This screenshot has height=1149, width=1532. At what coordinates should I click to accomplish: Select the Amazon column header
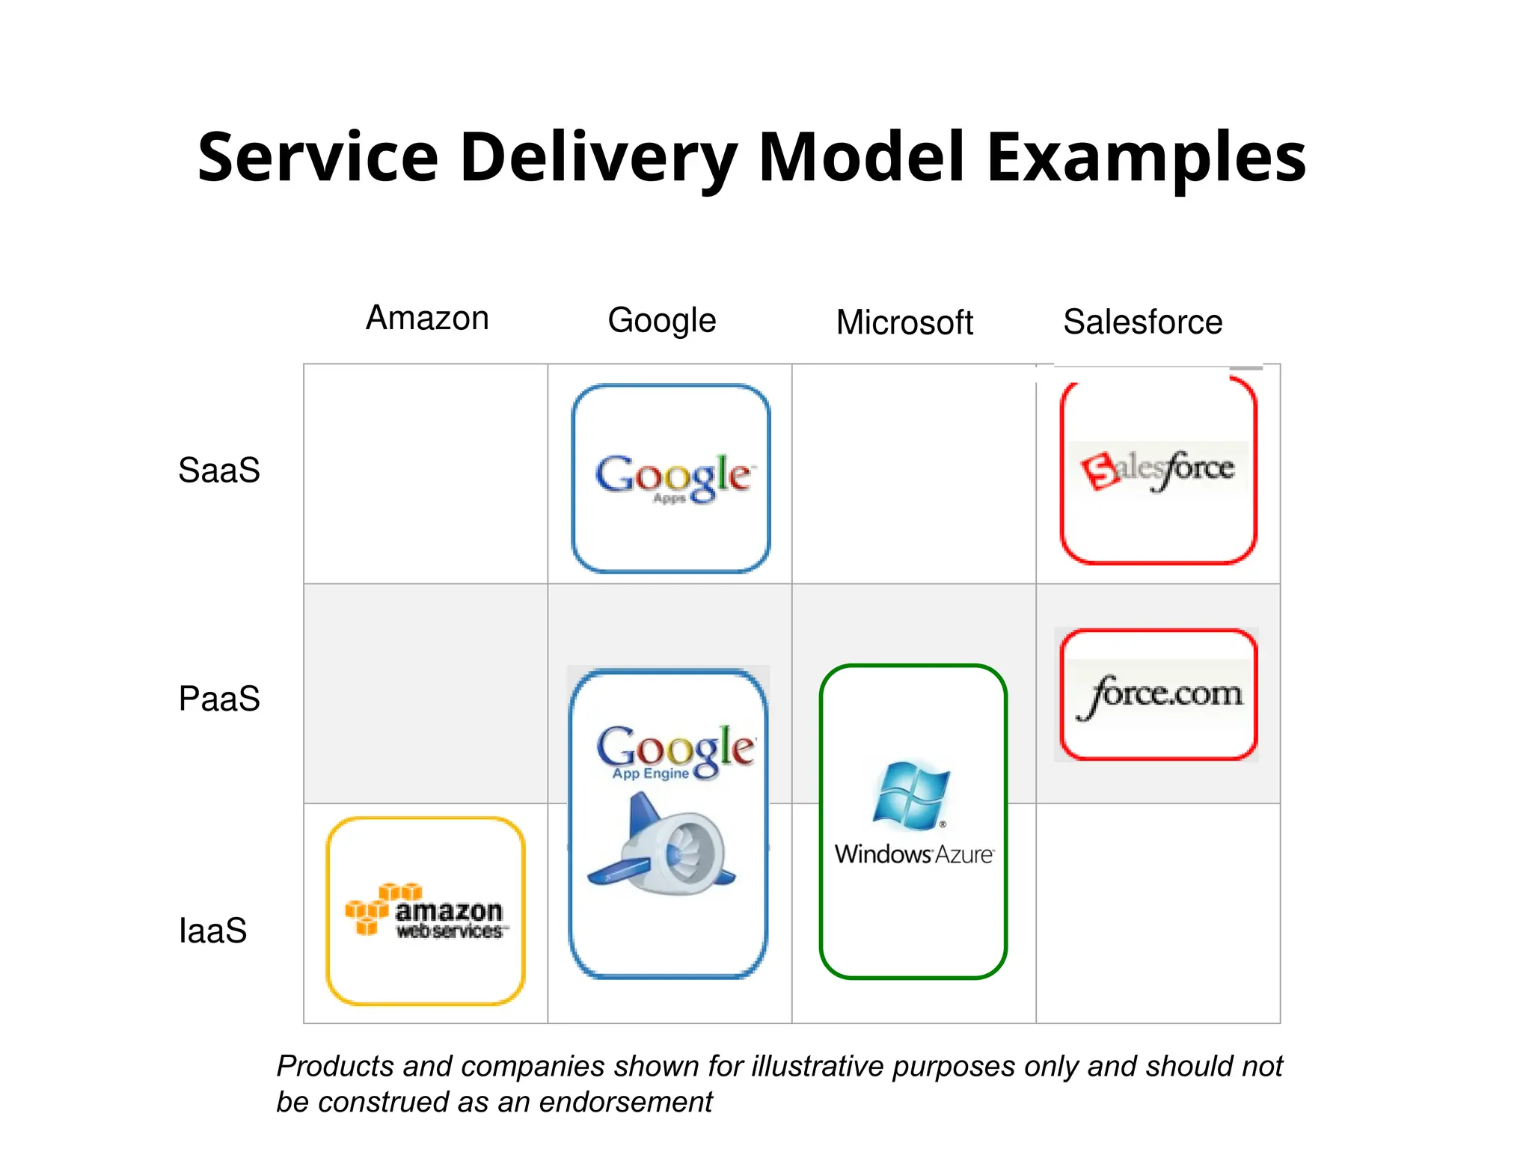pos(427,319)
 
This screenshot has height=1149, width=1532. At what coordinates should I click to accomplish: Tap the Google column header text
pos(662,321)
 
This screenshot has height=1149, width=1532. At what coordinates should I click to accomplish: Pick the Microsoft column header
pos(904,323)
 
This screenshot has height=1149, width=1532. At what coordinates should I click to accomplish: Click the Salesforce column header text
pos(1142,322)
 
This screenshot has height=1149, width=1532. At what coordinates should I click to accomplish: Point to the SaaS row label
pos(219,471)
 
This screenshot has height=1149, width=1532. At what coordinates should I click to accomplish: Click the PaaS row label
pos(219,699)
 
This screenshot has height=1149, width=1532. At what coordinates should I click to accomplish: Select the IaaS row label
pos(213,931)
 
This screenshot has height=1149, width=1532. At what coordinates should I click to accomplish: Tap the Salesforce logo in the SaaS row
pos(1157,468)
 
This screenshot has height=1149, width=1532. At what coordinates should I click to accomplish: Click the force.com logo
pos(1159,694)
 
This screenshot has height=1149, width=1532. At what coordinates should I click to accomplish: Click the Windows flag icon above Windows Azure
pos(911,794)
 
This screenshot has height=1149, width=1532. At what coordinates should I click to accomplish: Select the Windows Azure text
pos(913,854)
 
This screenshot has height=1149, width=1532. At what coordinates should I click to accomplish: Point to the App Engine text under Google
pos(650,773)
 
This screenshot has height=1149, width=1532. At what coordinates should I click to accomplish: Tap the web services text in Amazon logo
pos(449,931)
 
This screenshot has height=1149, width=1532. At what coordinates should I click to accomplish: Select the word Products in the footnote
pos(335,1066)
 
